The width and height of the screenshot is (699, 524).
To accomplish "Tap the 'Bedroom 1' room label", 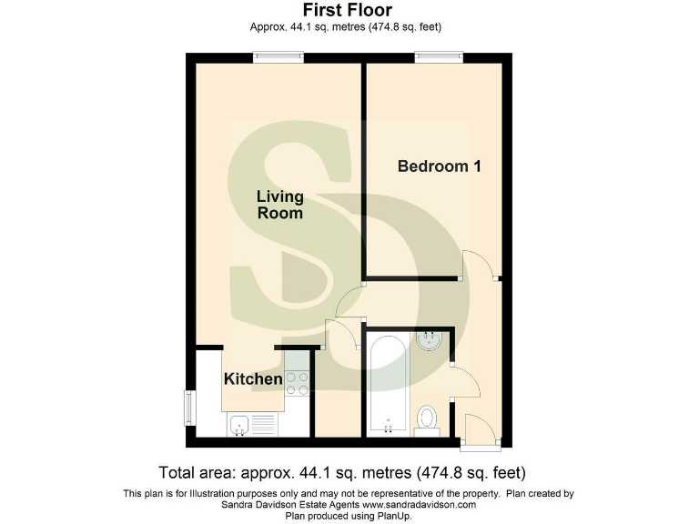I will (x=439, y=166).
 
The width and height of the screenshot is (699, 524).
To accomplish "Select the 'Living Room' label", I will (x=279, y=205).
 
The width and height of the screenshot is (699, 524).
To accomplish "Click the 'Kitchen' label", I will (x=253, y=378).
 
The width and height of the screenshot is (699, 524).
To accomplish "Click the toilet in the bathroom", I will (x=426, y=418).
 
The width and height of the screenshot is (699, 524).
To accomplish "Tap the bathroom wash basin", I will (x=429, y=341).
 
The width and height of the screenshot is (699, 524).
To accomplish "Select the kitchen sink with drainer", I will (x=251, y=424).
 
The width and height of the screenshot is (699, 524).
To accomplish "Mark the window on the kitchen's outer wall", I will (x=189, y=407).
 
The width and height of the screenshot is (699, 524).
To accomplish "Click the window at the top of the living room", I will (x=279, y=57).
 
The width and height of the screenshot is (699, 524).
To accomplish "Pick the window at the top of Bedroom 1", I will (x=440, y=57).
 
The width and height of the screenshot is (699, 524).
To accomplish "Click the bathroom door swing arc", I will (x=467, y=379).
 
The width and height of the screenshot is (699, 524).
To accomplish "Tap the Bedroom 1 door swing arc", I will (x=481, y=264).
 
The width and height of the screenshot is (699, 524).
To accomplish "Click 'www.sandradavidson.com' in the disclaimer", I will (x=420, y=504).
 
